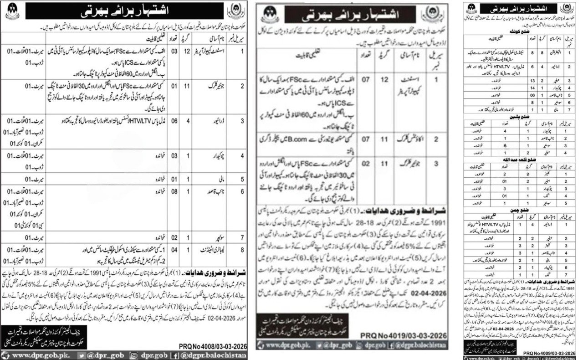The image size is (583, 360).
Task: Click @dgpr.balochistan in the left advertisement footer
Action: (221, 354)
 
